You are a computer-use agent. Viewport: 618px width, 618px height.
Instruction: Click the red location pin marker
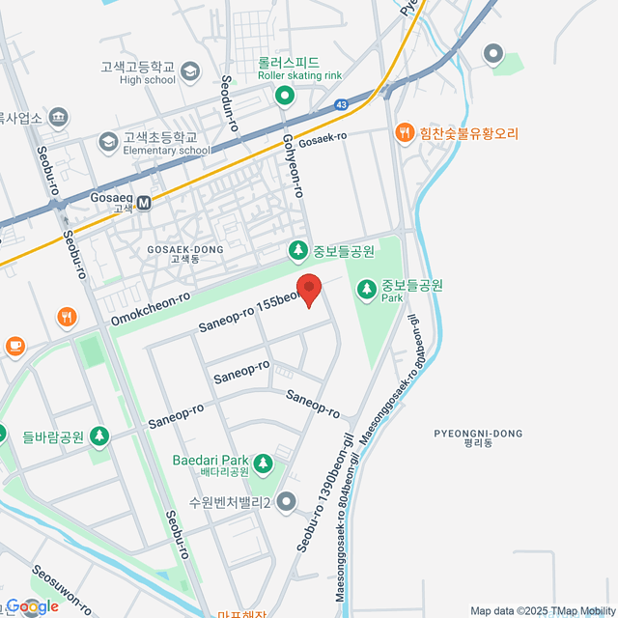pyautogui.click(x=308, y=289)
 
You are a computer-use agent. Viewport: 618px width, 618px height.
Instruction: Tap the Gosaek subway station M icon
pyautogui.click(x=144, y=203)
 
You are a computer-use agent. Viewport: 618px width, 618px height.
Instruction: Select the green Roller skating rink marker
pyautogui.click(x=285, y=95)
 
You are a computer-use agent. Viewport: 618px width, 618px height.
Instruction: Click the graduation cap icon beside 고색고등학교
pyautogui.click(x=190, y=71)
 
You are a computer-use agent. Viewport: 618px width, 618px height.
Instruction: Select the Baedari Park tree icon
pyautogui.click(x=263, y=464)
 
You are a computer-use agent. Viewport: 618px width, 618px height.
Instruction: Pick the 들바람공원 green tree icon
pyautogui.click(x=98, y=437)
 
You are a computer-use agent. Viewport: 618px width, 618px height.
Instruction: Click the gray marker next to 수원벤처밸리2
pyautogui.click(x=286, y=501)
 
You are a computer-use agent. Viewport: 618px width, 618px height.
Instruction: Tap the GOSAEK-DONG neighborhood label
pyautogui.click(x=185, y=253)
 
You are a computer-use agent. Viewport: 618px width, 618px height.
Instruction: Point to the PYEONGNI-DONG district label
pyautogui.click(x=478, y=437)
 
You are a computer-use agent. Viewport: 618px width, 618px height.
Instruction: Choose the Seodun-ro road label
pyautogui.click(x=229, y=102)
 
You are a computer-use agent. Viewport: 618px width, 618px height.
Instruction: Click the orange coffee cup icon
pyautogui.click(x=14, y=345)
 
